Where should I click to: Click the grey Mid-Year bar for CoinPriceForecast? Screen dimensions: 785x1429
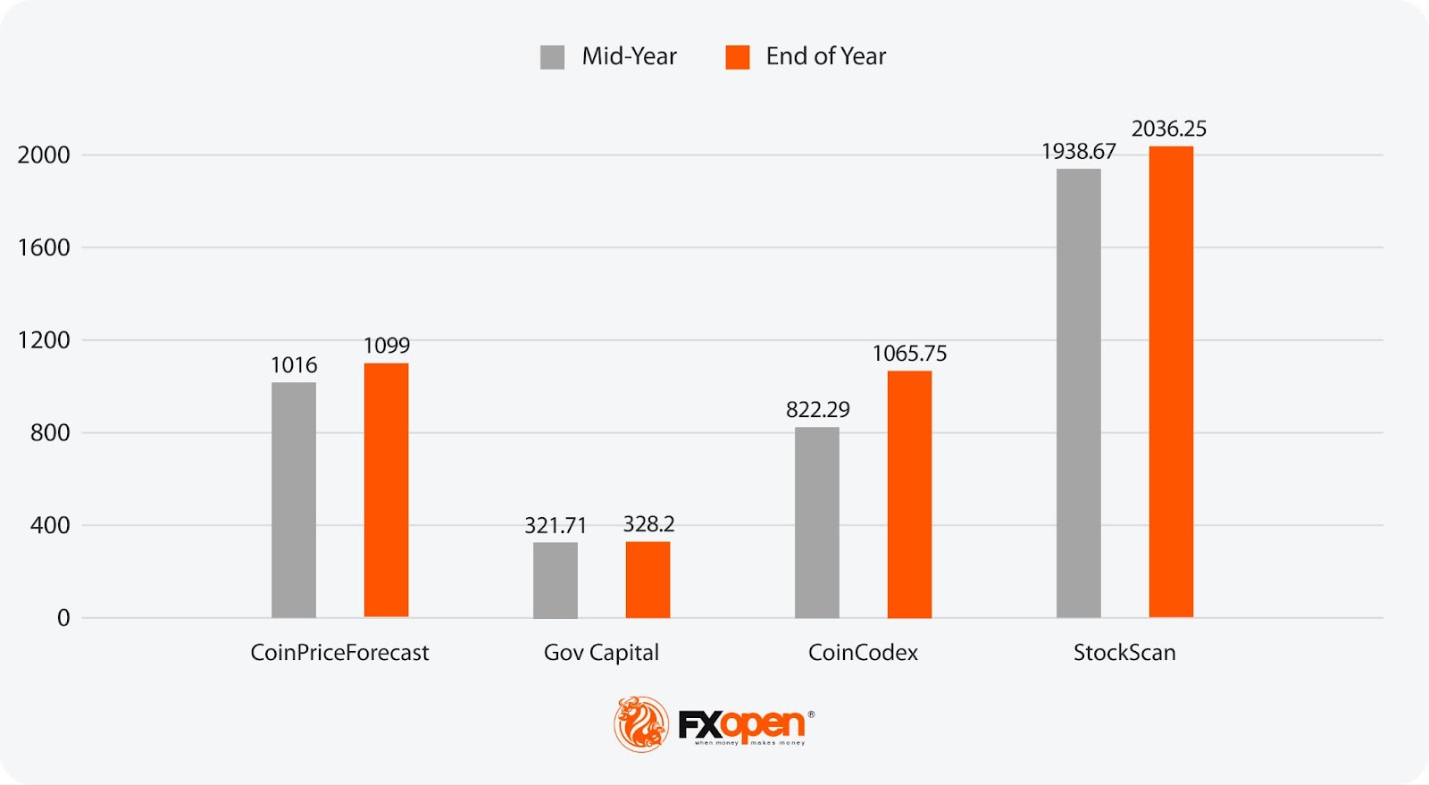coord(293,500)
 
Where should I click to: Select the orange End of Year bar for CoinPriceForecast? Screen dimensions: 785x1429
coord(386,490)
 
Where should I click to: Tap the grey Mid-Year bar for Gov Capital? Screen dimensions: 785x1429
coord(555,580)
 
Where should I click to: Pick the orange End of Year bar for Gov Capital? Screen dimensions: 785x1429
coord(648,580)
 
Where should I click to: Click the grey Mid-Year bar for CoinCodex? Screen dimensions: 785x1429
coord(816,522)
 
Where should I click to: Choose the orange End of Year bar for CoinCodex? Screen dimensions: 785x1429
coord(909,494)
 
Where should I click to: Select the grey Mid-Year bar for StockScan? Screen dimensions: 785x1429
coord(1078,393)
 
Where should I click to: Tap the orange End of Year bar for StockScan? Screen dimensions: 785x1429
coord(1171,381)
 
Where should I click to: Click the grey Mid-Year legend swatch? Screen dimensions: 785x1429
coord(552,57)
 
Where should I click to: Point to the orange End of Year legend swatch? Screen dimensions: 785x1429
coord(737,57)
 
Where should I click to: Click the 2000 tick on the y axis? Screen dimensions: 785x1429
coord(44,155)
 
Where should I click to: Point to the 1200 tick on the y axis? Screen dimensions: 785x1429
coord(44,340)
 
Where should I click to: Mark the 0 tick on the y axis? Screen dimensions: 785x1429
coord(63,618)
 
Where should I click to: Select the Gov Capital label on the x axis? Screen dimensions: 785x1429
coord(601,653)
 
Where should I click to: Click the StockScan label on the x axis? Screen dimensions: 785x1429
coord(1124,653)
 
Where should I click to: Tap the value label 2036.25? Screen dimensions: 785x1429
coord(1168,129)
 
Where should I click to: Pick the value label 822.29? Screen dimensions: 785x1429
coord(817,410)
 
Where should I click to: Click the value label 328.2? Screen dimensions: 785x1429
coord(648,524)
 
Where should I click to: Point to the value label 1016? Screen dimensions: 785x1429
coord(294,365)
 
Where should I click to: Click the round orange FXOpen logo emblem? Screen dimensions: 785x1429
coord(641,723)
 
